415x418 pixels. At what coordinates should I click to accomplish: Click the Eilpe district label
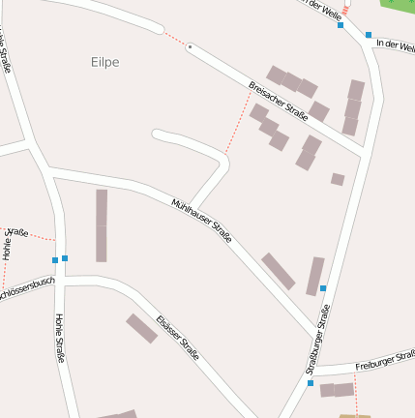point(104,62)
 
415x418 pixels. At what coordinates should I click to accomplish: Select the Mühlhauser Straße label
point(201,222)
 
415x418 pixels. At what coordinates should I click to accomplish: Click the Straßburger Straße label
point(318,339)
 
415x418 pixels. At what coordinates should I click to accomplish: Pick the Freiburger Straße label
point(384,363)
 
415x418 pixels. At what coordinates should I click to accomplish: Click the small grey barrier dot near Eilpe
point(191,46)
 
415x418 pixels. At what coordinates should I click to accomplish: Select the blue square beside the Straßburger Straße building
point(323,288)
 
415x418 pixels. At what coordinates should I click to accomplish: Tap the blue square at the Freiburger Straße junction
point(311,383)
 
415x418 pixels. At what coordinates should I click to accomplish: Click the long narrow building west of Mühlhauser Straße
point(102,225)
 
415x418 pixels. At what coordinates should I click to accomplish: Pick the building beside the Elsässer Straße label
point(141,328)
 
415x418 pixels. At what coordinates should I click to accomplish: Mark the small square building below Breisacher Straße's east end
point(338,179)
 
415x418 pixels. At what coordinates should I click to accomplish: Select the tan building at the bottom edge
point(354,416)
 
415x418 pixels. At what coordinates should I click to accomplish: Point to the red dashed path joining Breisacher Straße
point(239,123)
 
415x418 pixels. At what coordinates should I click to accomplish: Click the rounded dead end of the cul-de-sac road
point(157,134)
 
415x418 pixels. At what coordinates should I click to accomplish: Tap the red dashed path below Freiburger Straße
point(355,395)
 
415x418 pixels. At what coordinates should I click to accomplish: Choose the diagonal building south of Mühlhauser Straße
point(278,271)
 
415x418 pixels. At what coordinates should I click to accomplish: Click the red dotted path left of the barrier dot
point(175,39)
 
